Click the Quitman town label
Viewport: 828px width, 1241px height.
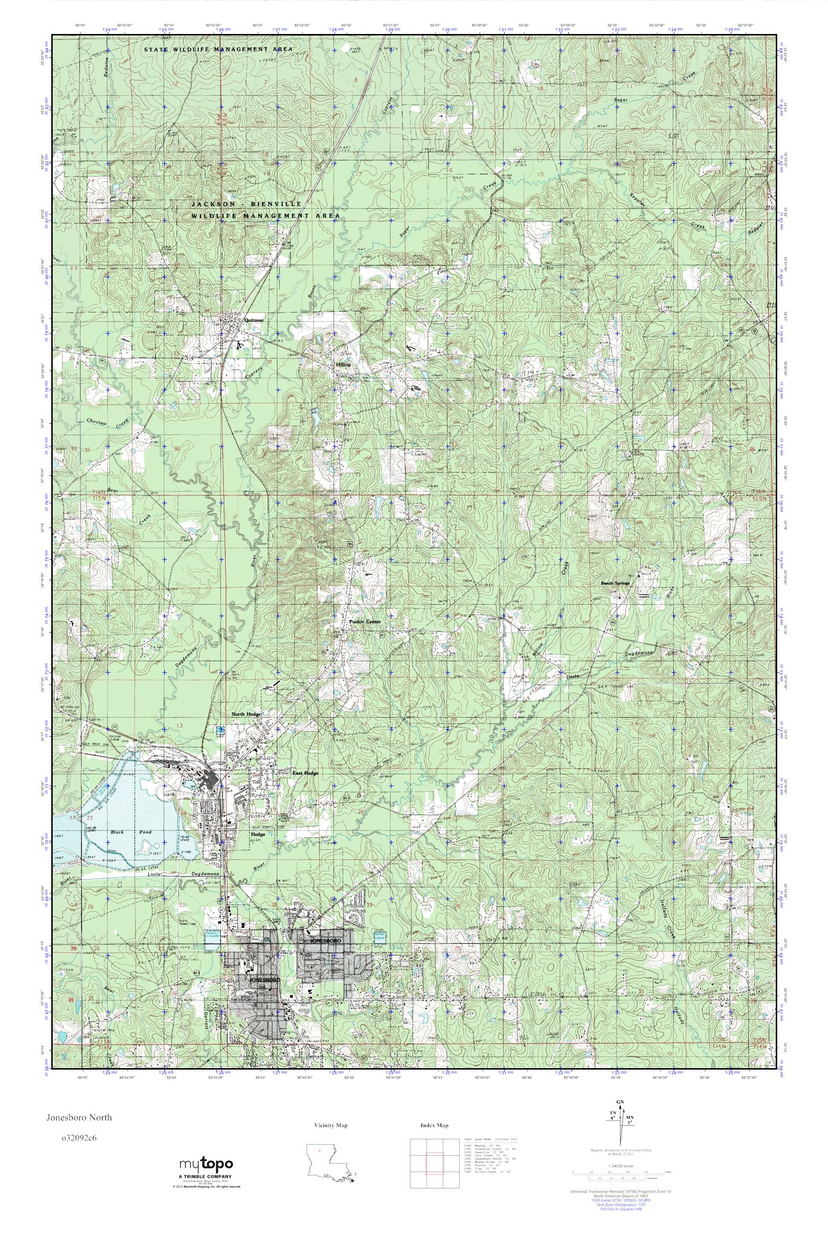(x=253, y=320)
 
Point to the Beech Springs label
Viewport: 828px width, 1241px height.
(x=615, y=584)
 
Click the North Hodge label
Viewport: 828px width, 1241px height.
(x=246, y=714)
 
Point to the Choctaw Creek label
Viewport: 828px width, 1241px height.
(x=107, y=422)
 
